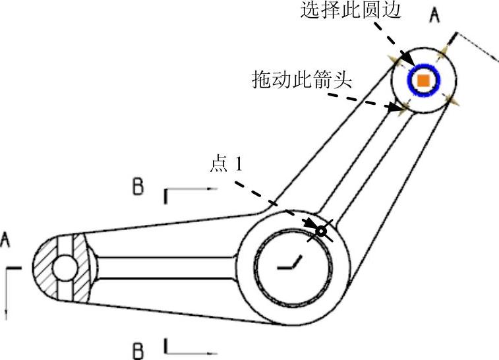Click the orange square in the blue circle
click(424, 80)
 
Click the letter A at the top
click(434, 15)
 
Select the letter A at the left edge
click(6, 241)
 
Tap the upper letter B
click(138, 187)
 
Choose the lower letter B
click(138, 349)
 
